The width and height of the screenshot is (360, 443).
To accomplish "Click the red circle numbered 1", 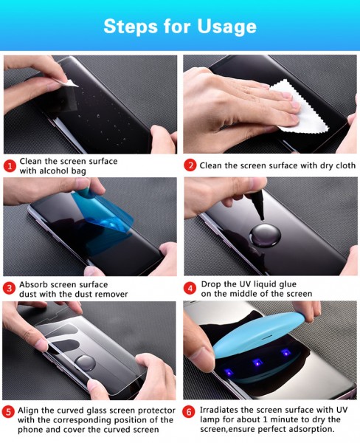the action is click(x=10, y=166).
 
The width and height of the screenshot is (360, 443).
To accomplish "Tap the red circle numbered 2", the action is click(x=190, y=165).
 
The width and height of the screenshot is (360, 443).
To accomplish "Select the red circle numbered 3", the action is click(x=10, y=289).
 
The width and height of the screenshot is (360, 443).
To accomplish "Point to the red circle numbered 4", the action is click(x=190, y=289).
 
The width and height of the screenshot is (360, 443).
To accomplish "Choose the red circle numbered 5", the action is click(x=8, y=412).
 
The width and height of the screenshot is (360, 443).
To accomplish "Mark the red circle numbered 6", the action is click(x=189, y=412).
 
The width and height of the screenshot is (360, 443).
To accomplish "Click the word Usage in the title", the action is click(x=226, y=27).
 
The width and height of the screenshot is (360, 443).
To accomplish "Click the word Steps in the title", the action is click(x=131, y=27).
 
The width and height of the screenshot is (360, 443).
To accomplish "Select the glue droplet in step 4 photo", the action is click(x=265, y=236).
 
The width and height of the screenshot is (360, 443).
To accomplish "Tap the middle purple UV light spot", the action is click(x=257, y=363).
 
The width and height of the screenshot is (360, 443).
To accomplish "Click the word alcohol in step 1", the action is click(x=51, y=171).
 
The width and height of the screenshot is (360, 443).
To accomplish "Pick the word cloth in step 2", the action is click(x=345, y=165).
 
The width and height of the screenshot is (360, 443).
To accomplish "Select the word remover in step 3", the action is click(x=111, y=294).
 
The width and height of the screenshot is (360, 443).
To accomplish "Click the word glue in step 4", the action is click(x=288, y=284).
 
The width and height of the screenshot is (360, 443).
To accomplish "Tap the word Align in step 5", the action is click(x=28, y=411).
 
